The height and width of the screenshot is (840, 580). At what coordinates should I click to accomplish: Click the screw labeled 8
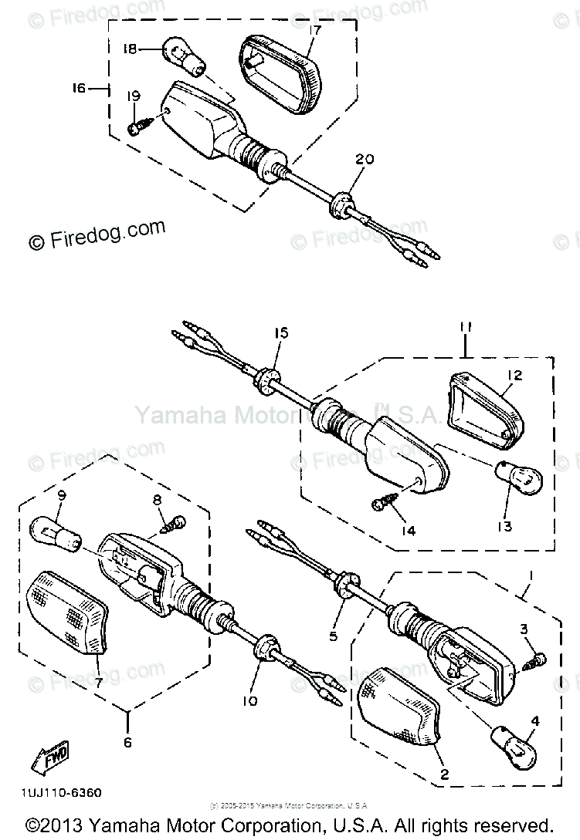coord(175,525)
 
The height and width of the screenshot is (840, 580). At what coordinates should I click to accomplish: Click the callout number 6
coord(128,743)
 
